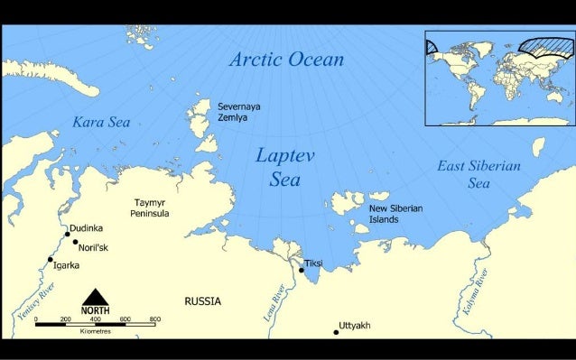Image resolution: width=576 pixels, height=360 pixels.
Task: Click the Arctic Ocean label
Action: click(x=286, y=60)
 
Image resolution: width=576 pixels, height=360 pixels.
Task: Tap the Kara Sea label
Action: click(x=101, y=122)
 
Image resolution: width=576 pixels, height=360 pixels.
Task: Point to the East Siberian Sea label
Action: click(x=478, y=173)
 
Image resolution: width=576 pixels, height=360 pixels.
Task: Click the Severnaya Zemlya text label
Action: click(x=239, y=112)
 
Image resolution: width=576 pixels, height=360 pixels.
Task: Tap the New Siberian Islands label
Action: click(x=395, y=213)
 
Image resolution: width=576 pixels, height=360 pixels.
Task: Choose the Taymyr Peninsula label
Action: click(x=152, y=208)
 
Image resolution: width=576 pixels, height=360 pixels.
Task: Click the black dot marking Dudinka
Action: click(x=67, y=234)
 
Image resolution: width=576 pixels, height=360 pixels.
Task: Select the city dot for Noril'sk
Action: click(x=75, y=242)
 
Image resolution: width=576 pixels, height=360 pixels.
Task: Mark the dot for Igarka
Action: click(x=51, y=259)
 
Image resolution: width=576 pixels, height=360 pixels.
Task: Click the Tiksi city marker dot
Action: click(x=302, y=269)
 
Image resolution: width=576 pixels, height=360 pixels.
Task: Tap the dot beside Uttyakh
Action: click(x=336, y=332)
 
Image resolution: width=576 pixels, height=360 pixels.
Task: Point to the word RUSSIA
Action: click(x=202, y=300)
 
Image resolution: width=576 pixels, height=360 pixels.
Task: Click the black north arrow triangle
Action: click(x=96, y=297)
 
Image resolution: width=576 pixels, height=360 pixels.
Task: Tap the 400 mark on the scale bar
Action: click(x=96, y=320)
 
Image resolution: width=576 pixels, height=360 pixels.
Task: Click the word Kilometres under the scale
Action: click(x=96, y=332)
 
